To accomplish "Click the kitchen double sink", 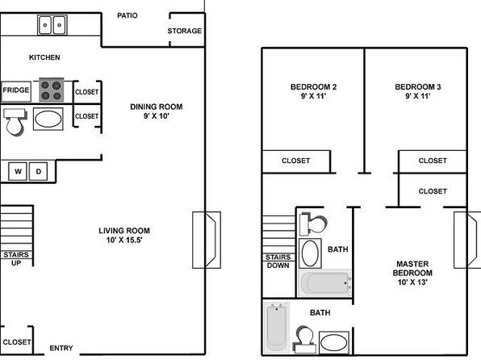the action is coord(52,25).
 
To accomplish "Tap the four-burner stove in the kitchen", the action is coord(52,90).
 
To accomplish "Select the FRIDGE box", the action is coord(16,91).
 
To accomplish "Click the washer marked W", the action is coord(18,171).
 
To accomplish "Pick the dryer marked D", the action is coord(39,171).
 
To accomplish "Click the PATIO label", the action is coord(128,15).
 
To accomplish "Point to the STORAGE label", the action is coord(184,31).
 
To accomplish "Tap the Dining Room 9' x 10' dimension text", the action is coord(157,116).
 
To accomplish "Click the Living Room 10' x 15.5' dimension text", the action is coord(124,240).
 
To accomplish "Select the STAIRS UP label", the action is coord(16,259).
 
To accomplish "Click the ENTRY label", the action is coord(61,348).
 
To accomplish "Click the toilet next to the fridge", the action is coord(15,122).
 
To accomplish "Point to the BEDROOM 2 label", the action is coord(313,87).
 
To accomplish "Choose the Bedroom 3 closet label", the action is coord(433,161).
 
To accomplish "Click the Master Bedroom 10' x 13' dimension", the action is coord(412,282).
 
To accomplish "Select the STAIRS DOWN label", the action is coord(278,262).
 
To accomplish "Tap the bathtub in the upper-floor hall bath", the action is coord(324,283).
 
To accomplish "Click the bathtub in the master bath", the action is coord(276,328).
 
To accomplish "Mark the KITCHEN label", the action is coord(44,57).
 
